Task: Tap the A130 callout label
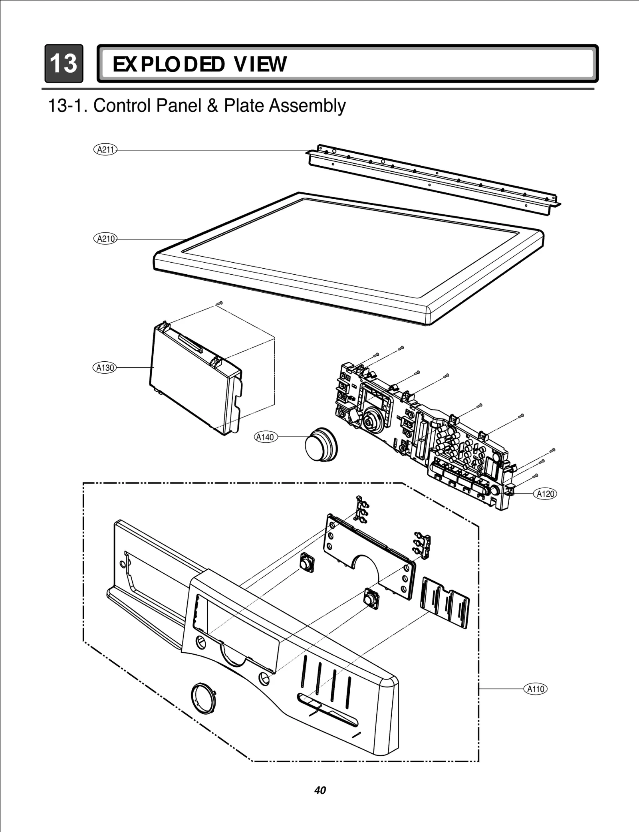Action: click(105, 367)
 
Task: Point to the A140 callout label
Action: click(265, 437)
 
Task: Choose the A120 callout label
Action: click(545, 494)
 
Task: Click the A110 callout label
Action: click(535, 689)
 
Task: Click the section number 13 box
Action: click(64, 63)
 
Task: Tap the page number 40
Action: click(320, 790)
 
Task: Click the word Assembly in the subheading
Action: click(307, 106)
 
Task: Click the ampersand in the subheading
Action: click(213, 106)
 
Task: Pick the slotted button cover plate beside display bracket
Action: click(445, 602)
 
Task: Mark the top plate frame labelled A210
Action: click(347, 260)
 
